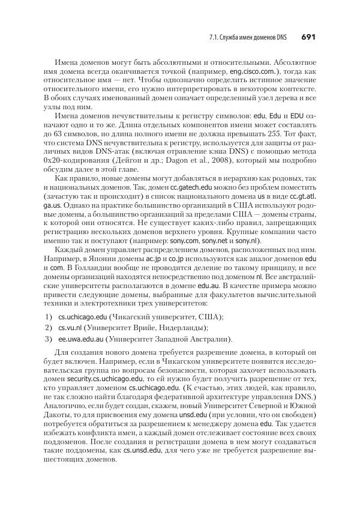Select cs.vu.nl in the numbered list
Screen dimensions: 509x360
coord(70,328)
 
